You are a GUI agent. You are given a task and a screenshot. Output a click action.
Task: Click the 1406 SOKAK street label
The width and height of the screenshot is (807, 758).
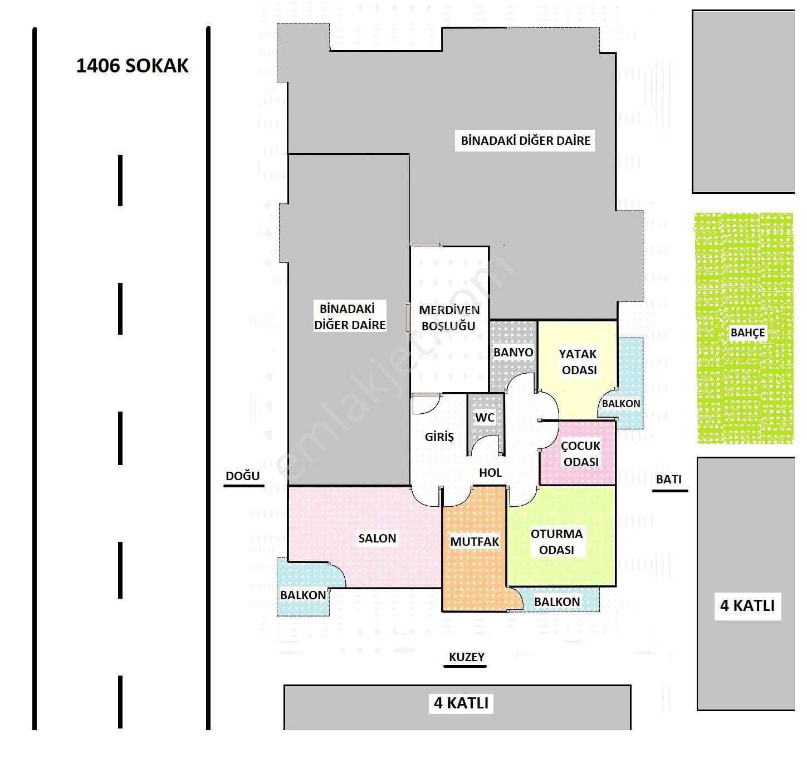click(x=132, y=66)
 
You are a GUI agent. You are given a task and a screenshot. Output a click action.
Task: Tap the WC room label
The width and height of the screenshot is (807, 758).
click(x=485, y=417)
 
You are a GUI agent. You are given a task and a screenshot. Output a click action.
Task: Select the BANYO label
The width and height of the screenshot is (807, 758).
click(x=513, y=352)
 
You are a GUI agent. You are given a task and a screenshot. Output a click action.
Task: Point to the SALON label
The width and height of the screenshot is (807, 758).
click(x=376, y=538)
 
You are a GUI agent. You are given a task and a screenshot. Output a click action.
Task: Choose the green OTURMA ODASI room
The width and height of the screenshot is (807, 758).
click(x=561, y=536)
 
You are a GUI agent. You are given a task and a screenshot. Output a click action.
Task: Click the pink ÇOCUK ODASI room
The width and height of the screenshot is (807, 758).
click(x=578, y=453)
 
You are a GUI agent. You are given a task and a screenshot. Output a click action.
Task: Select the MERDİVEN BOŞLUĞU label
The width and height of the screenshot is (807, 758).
click(x=448, y=318)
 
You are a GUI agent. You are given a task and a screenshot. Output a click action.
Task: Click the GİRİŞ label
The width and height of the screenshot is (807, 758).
click(x=439, y=437)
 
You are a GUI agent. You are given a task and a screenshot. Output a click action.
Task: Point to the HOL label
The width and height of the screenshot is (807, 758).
click(x=490, y=472)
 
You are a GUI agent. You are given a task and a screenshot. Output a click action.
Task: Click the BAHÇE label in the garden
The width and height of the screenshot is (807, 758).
click(x=747, y=332)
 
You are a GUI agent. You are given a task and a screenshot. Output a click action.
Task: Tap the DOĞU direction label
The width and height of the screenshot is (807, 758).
click(x=243, y=476)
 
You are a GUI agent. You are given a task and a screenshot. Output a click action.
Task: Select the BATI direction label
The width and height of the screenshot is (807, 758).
click(x=669, y=480)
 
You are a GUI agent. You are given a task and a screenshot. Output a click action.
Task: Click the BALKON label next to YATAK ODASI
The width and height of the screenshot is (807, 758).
click(x=620, y=404)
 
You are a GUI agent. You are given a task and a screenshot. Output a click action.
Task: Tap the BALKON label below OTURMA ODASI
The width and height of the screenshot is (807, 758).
click(x=557, y=601)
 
